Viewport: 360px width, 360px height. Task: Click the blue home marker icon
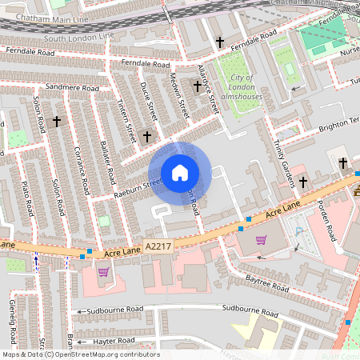[x=180, y=173]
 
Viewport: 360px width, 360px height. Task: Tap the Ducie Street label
[x=150, y=102]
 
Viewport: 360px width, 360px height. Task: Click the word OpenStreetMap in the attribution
[x=106, y=354]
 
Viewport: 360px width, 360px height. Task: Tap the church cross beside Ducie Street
[x=146, y=137]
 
